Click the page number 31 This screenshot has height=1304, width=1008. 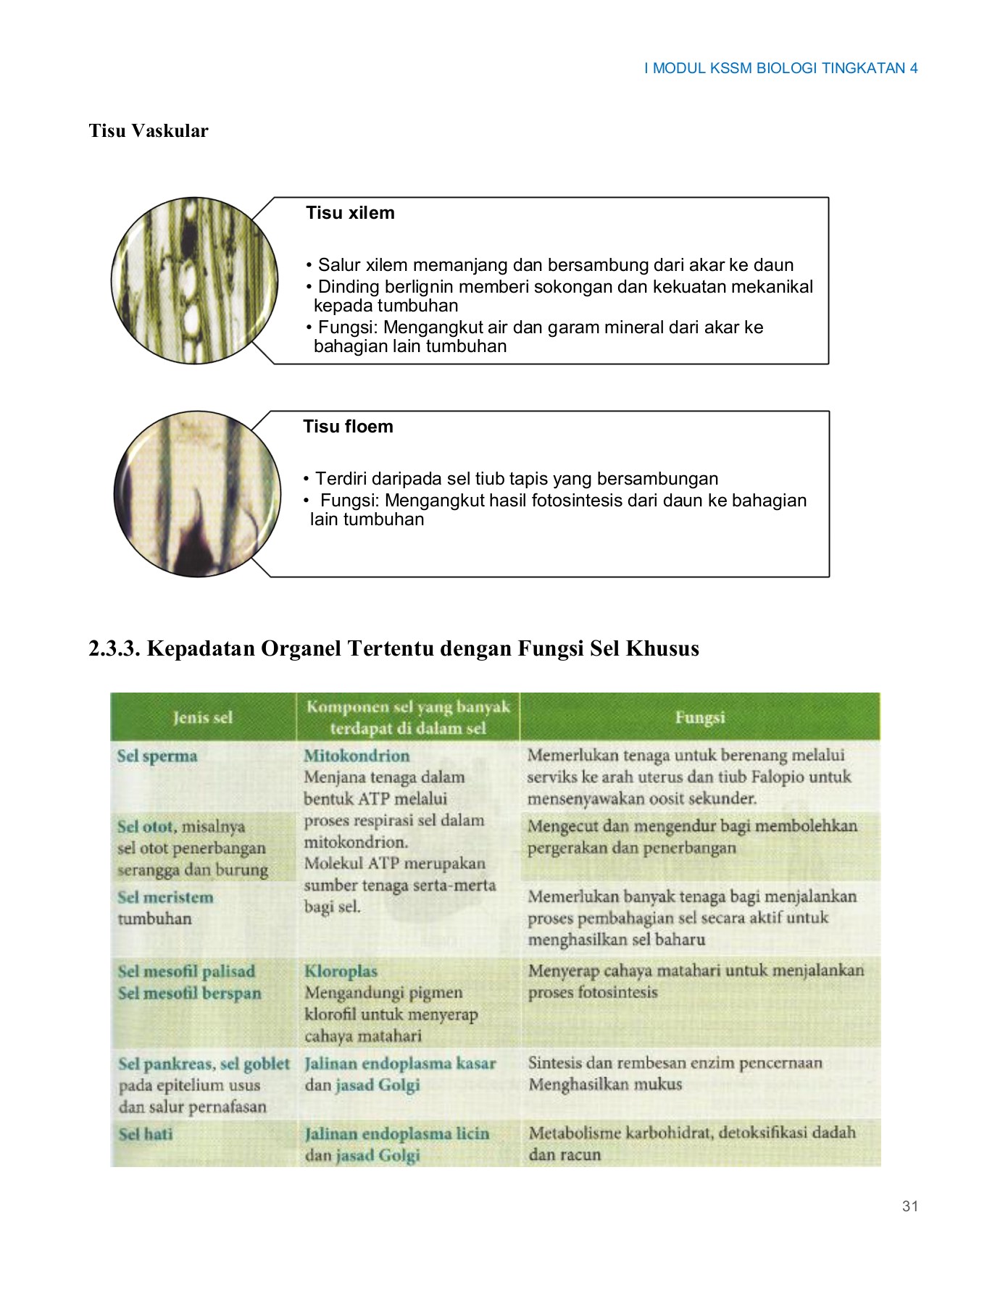point(910,1205)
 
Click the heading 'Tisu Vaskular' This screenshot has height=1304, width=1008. point(149,131)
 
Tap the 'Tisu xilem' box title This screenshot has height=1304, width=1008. point(350,213)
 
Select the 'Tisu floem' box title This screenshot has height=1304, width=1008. point(348,427)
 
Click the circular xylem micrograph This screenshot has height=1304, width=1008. point(194,280)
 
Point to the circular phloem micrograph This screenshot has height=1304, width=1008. point(197,494)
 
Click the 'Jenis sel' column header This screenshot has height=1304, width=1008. point(203,717)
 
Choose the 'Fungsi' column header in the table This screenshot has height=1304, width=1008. point(699,717)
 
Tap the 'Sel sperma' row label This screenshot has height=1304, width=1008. point(157,756)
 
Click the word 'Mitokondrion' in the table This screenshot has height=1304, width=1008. point(357,756)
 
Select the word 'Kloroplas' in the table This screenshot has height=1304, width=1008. point(341,971)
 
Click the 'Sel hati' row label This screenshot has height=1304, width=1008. point(146,1134)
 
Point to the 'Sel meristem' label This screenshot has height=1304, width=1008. point(166,897)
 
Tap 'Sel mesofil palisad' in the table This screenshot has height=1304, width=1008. point(186,971)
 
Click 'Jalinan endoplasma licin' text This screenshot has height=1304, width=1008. point(397,1134)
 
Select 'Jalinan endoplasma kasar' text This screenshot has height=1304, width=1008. point(400,1063)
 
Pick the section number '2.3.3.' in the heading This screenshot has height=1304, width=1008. point(114,648)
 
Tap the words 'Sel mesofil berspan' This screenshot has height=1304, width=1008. point(189,993)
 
